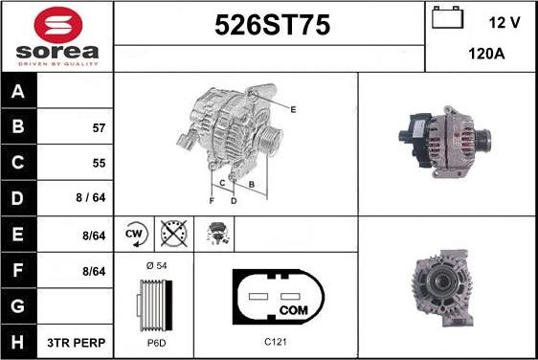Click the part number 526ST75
coord(269,27)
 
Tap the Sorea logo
coord(56,35)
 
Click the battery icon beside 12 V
coord(448,18)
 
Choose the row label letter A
coord(19,92)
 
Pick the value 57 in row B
coord(99,127)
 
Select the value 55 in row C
coord(99,163)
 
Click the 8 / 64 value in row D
coord(92,199)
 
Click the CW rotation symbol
coord(134,232)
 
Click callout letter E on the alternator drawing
coord(293,110)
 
